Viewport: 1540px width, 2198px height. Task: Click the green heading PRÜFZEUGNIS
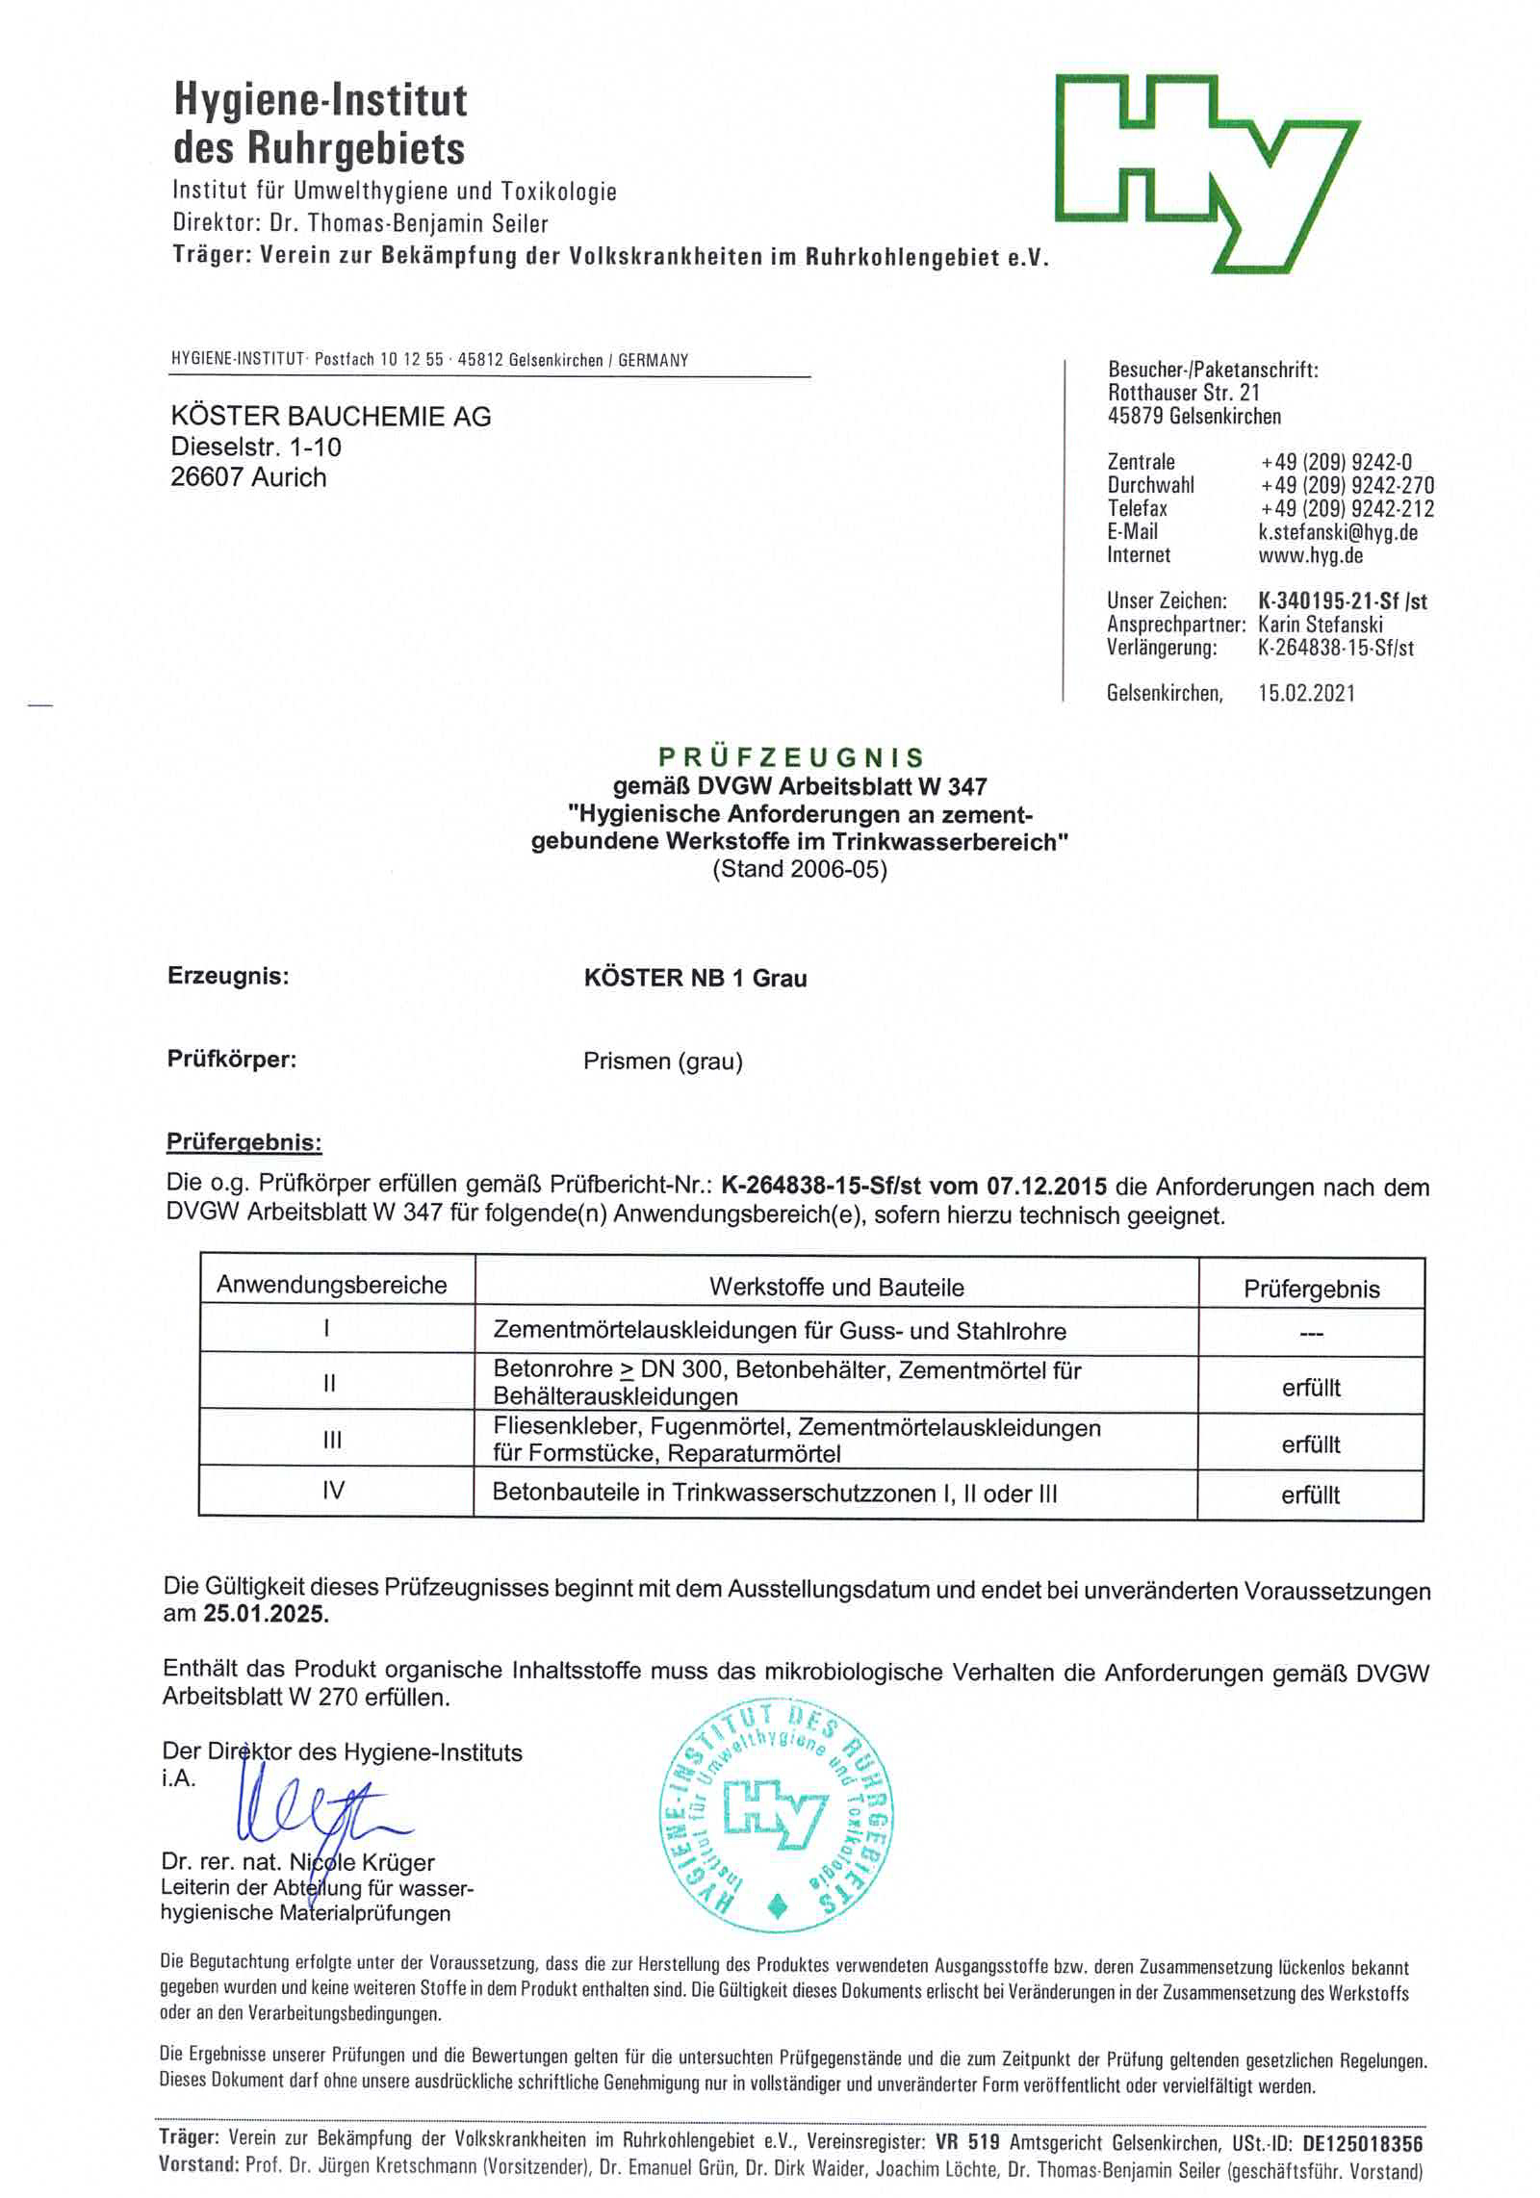[x=791, y=757]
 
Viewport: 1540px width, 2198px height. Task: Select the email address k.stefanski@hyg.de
[x=1338, y=532]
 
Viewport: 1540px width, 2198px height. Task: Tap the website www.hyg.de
[x=1310, y=555]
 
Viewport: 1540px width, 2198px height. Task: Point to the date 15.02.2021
[x=1306, y=693]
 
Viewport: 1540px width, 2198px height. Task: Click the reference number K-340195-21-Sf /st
[x=1342, y=601]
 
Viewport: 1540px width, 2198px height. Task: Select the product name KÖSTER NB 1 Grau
[x=695, y=978]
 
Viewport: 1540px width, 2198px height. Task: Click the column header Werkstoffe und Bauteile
[x=836, y=1287]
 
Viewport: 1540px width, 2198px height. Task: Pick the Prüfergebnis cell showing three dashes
[x=1311, y=1334]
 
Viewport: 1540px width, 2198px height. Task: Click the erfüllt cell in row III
[x=1311, y=1444]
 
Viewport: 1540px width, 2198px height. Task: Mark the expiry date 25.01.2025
[x=266, y=1614]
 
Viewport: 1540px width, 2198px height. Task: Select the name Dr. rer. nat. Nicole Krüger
[x=298, y=1862]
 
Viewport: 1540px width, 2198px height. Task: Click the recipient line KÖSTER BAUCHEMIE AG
[x=330, y=417]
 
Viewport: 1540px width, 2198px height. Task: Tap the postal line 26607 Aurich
[x=248, y=477]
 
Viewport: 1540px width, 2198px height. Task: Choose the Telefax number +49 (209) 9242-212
[x=1347, y=509]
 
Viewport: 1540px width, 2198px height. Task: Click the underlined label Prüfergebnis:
[x=244, y=1142]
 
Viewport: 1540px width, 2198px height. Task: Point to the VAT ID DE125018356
[x=1362, y=2143]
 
